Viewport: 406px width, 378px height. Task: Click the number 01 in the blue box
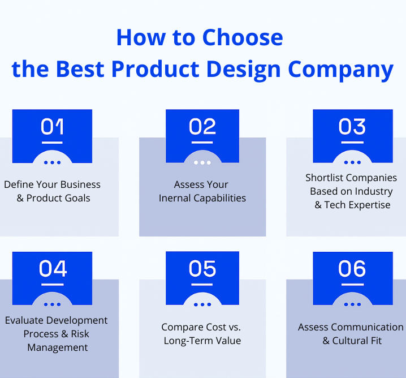click(x=52, y=127)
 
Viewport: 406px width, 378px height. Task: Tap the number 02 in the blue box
click(x=202, y=127)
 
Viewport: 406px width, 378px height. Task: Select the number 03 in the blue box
click(x=352, y=127)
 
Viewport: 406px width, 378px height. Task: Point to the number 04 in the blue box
click(x=52, y=269)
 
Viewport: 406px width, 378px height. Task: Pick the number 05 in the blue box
click(x=202, y=269)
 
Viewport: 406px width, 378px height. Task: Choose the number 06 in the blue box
click(x=352, y=269)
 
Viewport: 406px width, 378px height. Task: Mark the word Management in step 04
click(x=58, y=347)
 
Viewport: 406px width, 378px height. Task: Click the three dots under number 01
click(x=52, y=162)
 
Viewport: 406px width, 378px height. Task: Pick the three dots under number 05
click(x=202, y=304)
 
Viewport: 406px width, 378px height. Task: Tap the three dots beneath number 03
click(x=352, y=162)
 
